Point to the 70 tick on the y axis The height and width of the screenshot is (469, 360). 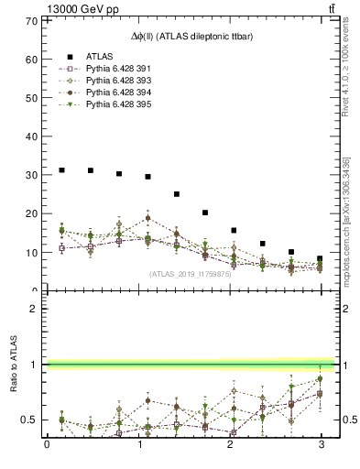pos(32,21)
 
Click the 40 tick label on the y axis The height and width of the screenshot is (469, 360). pos(32,136)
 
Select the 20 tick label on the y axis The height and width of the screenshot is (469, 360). pos(32,213)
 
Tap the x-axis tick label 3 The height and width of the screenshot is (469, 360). pos(320,446)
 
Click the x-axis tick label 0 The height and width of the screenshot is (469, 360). pos(47,446)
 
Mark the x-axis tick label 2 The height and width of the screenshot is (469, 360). pos(229,446)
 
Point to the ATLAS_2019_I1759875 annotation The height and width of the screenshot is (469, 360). pos(191,273)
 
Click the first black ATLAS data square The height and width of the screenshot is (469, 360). pos(61,169)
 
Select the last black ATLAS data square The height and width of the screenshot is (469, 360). pos(320,258)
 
